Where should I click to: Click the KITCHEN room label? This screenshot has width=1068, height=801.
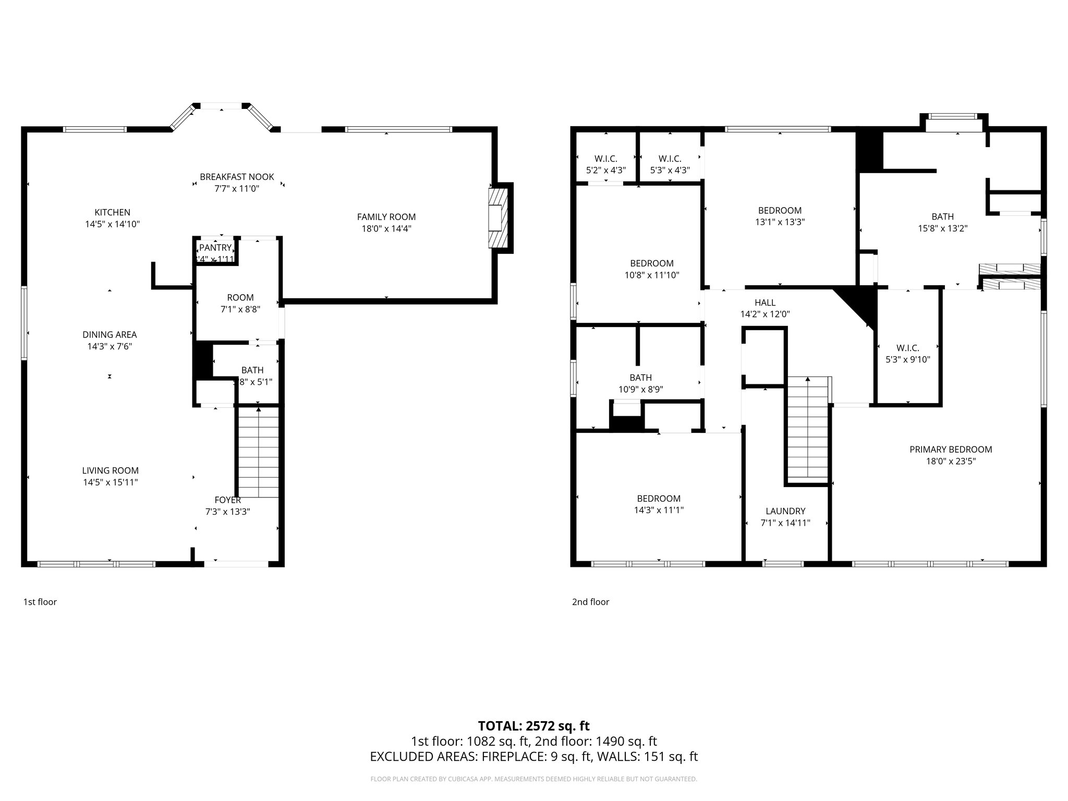(112, 212)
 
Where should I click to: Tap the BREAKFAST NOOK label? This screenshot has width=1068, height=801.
(237, 177)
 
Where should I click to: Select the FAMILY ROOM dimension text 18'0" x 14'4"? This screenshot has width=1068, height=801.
(386, 228)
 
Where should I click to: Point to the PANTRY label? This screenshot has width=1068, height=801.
(215, 248)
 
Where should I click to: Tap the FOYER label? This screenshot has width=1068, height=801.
(227, 500)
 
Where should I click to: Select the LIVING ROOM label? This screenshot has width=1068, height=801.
(110, 470)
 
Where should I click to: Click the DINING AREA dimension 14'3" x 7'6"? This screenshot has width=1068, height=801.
(110, 346)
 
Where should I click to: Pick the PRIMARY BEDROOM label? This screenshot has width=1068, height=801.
(950, 450)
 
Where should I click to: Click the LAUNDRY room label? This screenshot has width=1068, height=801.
(785, 511)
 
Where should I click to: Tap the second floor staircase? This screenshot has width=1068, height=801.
(807, 428)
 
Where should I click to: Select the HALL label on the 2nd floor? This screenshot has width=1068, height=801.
(765, 302)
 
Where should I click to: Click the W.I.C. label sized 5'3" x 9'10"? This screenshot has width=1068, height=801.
(907, 359)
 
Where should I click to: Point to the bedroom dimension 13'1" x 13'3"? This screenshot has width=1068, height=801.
(780, 222)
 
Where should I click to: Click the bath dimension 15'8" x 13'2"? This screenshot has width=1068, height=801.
(942, 228)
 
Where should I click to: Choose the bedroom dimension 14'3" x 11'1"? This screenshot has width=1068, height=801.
(658, 510)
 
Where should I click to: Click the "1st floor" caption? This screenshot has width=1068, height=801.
(40, 602)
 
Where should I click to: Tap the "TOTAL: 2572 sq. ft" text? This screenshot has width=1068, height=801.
(533, 725)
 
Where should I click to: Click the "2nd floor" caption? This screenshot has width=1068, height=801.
(590, 602)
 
